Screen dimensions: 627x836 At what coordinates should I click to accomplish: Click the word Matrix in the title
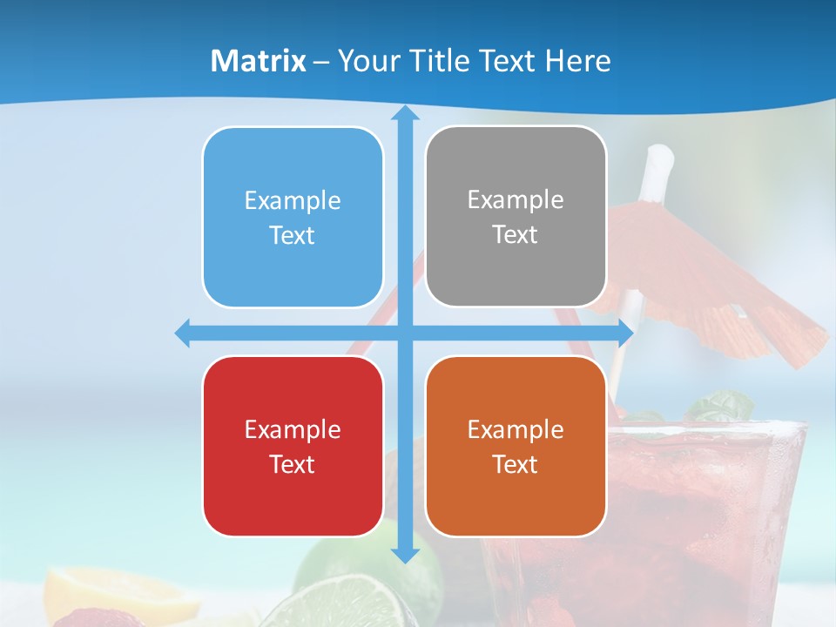pyautogui.click(x=258, y=61)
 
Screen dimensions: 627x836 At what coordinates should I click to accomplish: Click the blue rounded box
pyautogui.click(x=293, y=217)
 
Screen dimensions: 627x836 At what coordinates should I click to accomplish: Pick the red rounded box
pyautogui.click(x=293, y=446)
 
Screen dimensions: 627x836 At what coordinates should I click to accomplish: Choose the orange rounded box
pyautogui.click(x=516, y=446)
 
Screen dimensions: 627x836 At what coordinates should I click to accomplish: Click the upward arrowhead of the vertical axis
pyautogui.click(x=404, y=113)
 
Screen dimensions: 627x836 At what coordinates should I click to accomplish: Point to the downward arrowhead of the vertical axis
pyautogui.click(x=404, y=555)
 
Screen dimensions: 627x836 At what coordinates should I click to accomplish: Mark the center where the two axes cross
pyautogui.click(x=404, y=333)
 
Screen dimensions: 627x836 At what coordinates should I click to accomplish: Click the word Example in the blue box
pyautogui.click(x=293, y=200)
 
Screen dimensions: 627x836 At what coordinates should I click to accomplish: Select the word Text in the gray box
pyautogui.click(x=516, y=234)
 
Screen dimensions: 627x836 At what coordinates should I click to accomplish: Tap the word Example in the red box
pyautogui.click(x=293, y=429)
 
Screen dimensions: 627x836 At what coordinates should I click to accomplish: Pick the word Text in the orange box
pyautogui.click(x=516, y=464)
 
